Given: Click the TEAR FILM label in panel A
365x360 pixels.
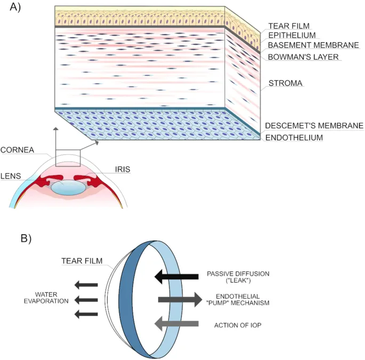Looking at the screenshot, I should pyautogui.click(x=288, y=26).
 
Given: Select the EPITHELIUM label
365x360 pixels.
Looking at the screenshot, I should pyautogui.click(x=292, y=35).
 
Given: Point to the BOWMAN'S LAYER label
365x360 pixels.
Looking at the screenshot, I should pyautogui.click(x=303, y=57).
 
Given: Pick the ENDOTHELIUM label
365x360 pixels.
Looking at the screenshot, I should pyautogui.click(x=295, y=137).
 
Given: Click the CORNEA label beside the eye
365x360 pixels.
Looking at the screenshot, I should pyautogui.click(x=17, y=150).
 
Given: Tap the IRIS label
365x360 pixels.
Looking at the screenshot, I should pyautogui.click(x=122, y=170).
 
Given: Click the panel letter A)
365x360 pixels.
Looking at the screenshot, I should pyautogui.click(x=12, y=9).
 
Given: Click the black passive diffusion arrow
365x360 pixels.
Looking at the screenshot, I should pyautogui.click(x=176, y=276).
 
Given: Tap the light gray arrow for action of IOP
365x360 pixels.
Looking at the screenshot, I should pyautogui.click(x=176, y=323).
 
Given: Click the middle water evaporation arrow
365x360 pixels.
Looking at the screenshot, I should pyautogui.click(x=86, y=300).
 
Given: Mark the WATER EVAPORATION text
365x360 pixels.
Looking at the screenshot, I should pyautogui.click(x=52, y=298).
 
